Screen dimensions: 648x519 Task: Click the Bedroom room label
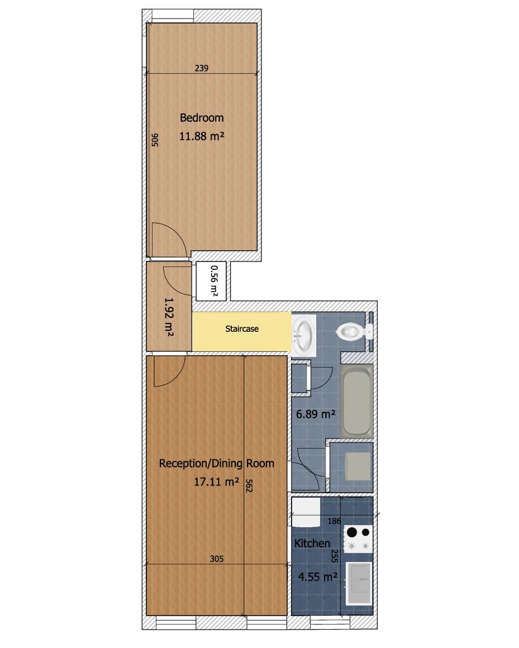click(x=202, y=118)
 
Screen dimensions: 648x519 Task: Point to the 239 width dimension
click(x=202, y=68)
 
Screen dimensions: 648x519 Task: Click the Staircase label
click(x=242, y=329)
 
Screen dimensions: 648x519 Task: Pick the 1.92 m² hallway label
click(x=168, y=317)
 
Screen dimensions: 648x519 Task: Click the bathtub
click(x=357, y=402)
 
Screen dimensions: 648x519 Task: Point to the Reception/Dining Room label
click(x=217, y=463)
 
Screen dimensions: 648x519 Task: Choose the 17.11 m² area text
click(x=216, y=482)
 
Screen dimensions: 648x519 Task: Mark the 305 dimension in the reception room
click(x=217, y=558)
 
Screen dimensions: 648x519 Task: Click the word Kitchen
click(x=312, y=544)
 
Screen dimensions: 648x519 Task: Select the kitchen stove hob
click(x=358, y=539)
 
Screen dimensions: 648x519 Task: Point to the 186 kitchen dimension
click(x=335, y=521)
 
